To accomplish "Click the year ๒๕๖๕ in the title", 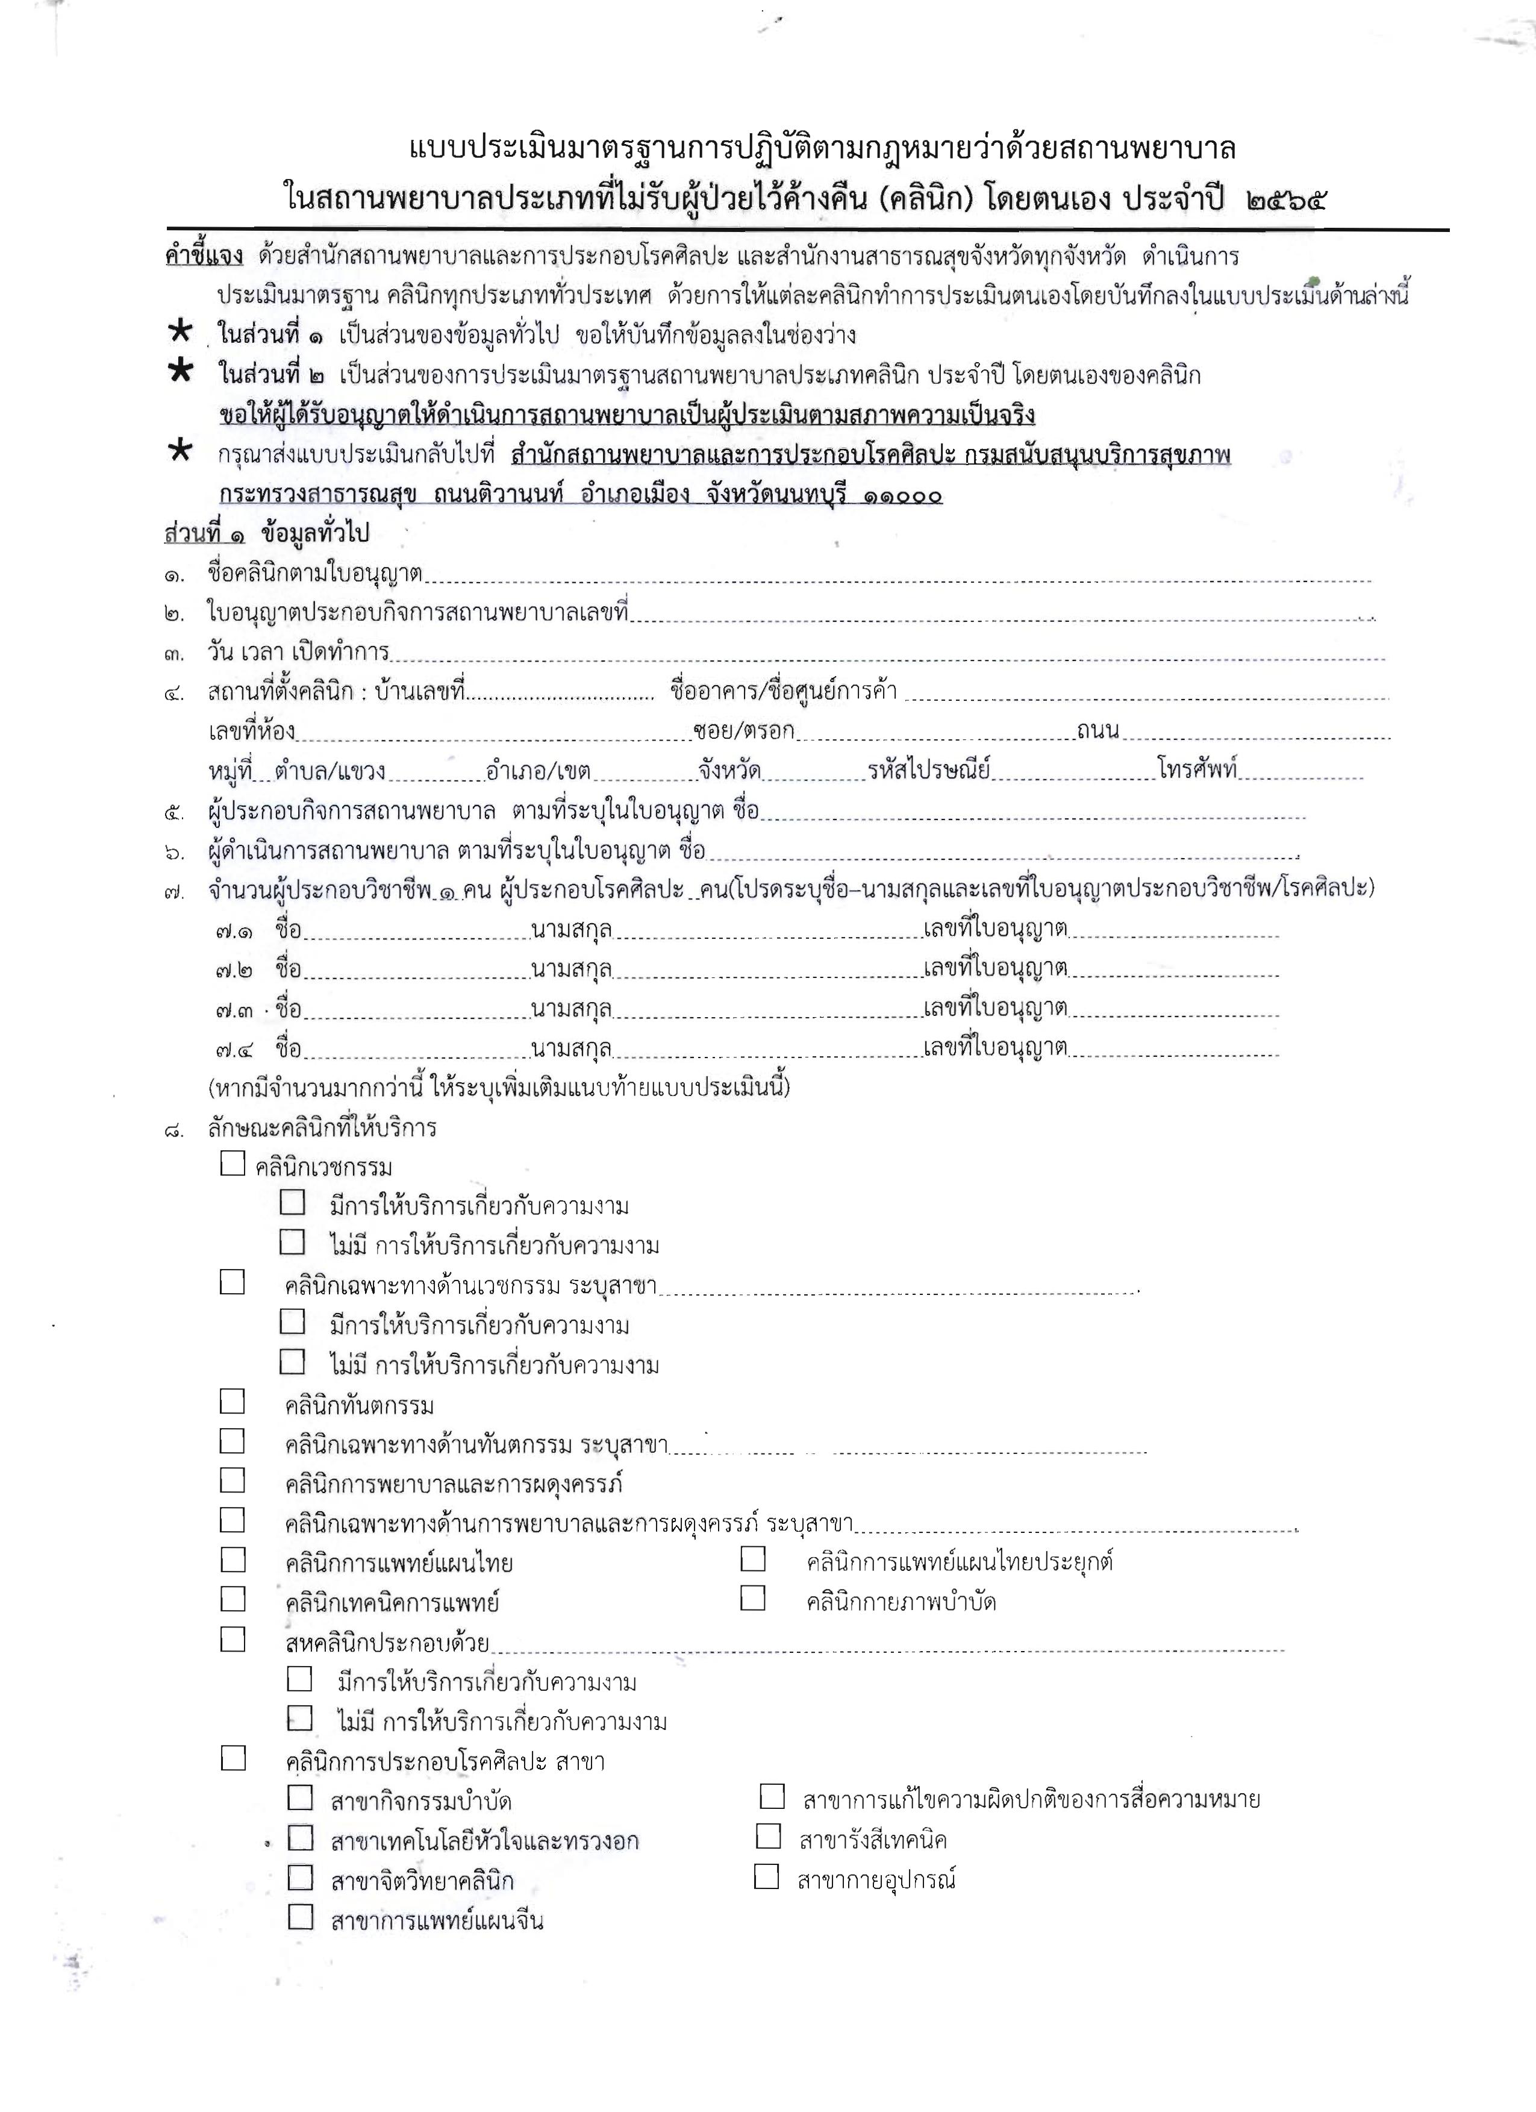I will pyautogui.click(x=1285, y=199).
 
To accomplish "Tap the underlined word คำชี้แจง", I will pyautogui.click(x=204, y=255).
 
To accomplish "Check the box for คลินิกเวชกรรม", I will pyautogui.click(x=233, y=1164).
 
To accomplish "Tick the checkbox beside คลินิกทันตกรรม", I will pyautogui.click(x=233, y=1402).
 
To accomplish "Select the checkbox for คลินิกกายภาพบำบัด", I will pyautogui.click(x=753, y=1599).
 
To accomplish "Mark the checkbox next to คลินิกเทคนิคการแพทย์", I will pyautogui.click(x=233, y=1599).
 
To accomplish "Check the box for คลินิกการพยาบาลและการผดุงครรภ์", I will pyautogui.click(x=233, y=1480).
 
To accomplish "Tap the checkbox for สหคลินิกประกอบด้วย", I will pyautogui.click(x=233, y=1640).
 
